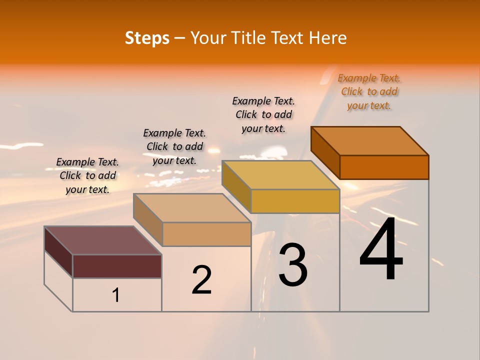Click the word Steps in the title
(147, 38)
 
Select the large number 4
(381, 249)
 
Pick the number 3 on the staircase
(292, 265)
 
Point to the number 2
(202, 280)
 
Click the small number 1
(116, 295)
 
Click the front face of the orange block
(384, 167)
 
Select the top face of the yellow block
(281, 175)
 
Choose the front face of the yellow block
(295, 201)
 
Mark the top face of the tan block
(192, 208)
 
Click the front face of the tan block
(206, 234)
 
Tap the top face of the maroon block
(103, 240)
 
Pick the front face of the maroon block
(117, 266)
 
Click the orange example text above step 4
(369, 92)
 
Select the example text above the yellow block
(263, 114)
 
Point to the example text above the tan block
(174, 146)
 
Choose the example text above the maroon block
(87, 175)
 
